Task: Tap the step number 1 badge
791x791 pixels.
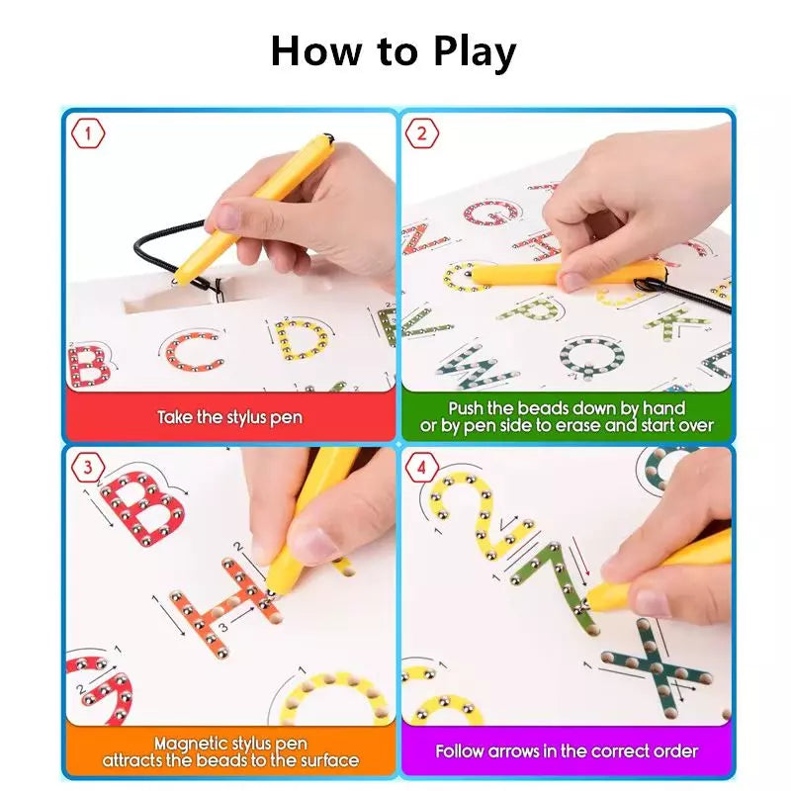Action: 90,132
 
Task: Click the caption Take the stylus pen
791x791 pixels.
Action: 229,417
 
